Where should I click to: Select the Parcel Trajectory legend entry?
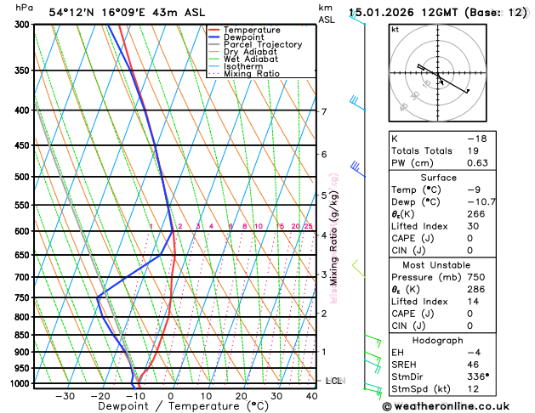point(262,45)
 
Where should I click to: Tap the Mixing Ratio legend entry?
point(252,74)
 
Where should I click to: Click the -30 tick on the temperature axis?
point(65,396)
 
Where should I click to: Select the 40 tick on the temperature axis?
point(311,396)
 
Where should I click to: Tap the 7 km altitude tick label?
point(323,111)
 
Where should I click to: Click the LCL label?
point(333,381)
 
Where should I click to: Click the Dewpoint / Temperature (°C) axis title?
point(172,407)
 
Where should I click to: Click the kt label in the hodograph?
point(395,30)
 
